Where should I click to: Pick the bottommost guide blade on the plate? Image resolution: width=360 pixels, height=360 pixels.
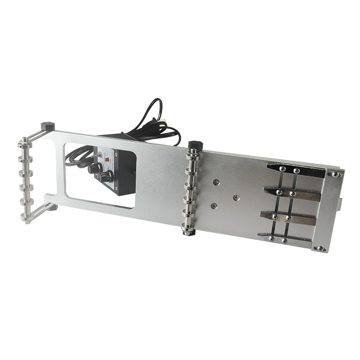click(x=283, y=238)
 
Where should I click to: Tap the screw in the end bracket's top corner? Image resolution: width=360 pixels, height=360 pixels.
click(x=335, y=174)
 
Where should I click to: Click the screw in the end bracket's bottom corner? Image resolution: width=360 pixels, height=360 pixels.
click(x=319, y=248)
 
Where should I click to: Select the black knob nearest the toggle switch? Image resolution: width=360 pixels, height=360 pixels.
click(x=94, y=168)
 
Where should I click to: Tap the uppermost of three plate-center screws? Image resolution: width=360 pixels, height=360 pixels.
click(x=216, y=182)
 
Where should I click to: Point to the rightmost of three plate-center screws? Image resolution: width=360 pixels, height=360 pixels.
click(x=235, y=197)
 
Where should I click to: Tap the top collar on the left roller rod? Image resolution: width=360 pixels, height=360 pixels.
click(x=23, y=145)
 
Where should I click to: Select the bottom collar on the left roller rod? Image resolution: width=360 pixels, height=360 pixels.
click(x=26, y=217)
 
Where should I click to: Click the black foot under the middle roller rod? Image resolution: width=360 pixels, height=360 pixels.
click(x=185, y=231)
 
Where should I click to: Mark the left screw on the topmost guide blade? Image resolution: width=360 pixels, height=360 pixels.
click(x=282, y=169)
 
